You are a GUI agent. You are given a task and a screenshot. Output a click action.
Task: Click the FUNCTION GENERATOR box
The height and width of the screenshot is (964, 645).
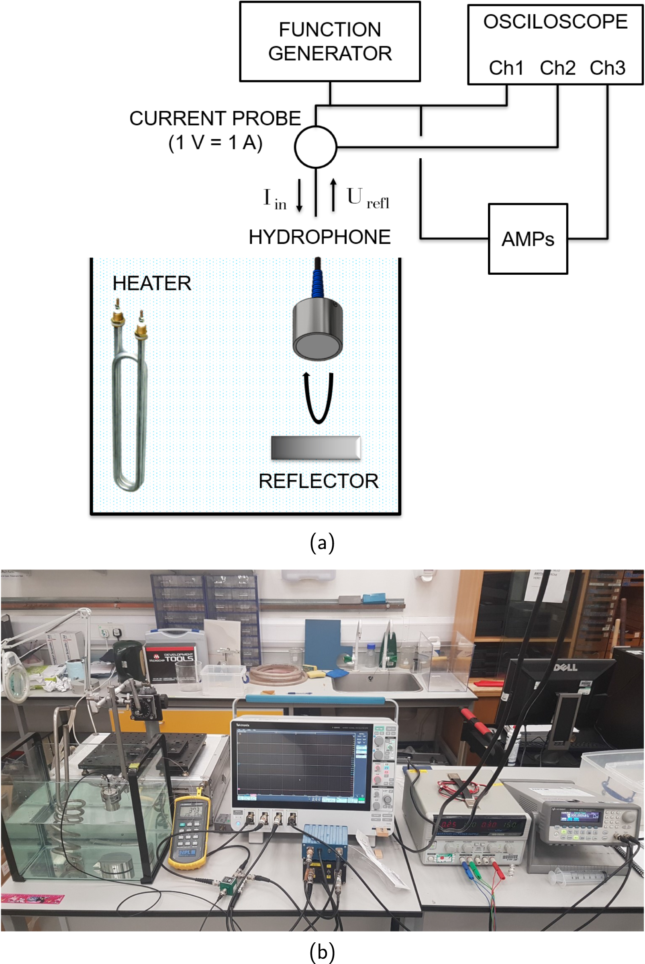[329, 41]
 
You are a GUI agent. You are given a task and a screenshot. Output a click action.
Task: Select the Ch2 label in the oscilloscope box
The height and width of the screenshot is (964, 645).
[557, 68]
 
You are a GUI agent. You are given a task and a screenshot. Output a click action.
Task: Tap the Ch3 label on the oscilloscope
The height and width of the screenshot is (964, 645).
[607, 68]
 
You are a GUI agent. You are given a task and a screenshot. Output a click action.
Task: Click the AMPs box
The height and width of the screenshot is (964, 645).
[528, 239]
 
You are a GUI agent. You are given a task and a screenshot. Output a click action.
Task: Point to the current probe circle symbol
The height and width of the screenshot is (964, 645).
[316, 147]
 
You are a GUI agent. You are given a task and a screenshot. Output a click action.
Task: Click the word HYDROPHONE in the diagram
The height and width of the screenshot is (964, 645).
[320, 237]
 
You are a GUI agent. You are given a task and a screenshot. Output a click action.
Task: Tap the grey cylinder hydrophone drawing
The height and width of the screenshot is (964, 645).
[318, 329]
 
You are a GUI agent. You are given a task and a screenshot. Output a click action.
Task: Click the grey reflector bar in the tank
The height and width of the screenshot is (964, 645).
[316, 447]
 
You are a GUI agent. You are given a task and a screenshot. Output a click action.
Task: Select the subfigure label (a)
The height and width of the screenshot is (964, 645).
[322, 543]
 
